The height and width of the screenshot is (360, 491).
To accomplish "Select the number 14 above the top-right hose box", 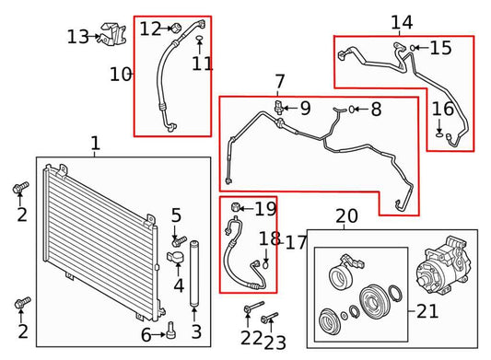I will click(402, 22).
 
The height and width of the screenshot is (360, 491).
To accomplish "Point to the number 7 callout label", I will click(280, 83).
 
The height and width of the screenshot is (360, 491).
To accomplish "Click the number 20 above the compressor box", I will click(346, 216).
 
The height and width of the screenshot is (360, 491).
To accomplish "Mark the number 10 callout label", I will click(121, 74).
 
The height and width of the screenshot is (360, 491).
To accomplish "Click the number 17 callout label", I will click(296, 243).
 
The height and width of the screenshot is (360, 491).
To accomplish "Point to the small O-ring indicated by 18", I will click(265, 264).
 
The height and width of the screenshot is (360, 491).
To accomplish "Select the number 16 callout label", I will click(442, 109).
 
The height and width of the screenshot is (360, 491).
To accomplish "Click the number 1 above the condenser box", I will click(95, 144).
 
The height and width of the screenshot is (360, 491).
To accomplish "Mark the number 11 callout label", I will click(202, 64).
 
